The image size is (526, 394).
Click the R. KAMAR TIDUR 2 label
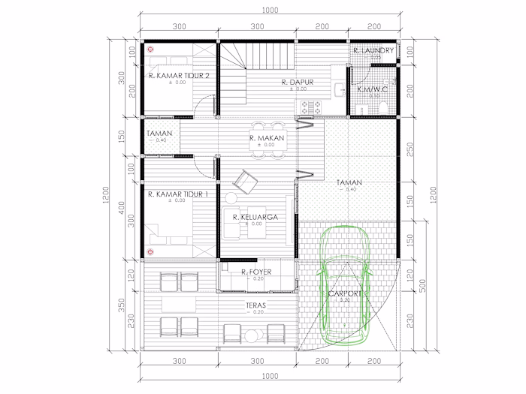(x=179, y=75)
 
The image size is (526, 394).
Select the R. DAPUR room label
(x=297, y=82)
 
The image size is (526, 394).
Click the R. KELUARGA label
(x=255, y=217)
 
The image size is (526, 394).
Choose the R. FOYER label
(x=256, y=272)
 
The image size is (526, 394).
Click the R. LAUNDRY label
(x=373, y=51)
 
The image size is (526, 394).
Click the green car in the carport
(x=344, y=285)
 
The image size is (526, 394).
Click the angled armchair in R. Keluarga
(x=245, y=181)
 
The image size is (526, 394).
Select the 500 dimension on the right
(x=423, y=285)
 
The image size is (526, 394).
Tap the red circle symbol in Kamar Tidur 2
(x=150, y=49)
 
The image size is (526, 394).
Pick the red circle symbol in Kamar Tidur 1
(x=150, y=251)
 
